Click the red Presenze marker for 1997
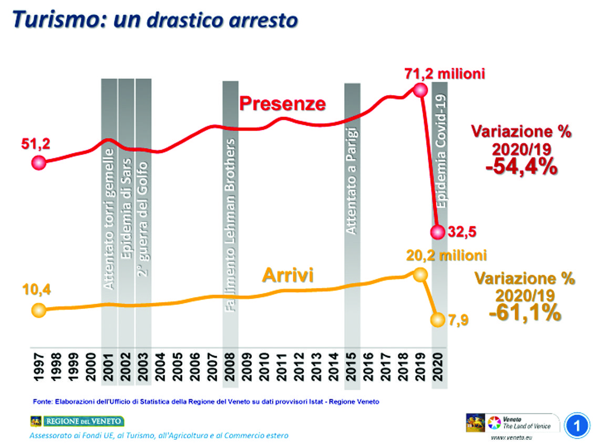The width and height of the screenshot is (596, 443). pos(38,163)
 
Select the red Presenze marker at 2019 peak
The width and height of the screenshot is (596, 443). pos(419,90)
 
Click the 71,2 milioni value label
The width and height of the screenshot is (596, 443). pos(444,74)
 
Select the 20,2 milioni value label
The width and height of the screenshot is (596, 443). pos(446,256)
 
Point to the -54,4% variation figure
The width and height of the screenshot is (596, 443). pos(521,167)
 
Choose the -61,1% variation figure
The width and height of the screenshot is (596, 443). pos(525,313)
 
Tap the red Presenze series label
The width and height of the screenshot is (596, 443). pos(282,104)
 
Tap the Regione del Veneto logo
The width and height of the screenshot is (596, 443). pos(77,421)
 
